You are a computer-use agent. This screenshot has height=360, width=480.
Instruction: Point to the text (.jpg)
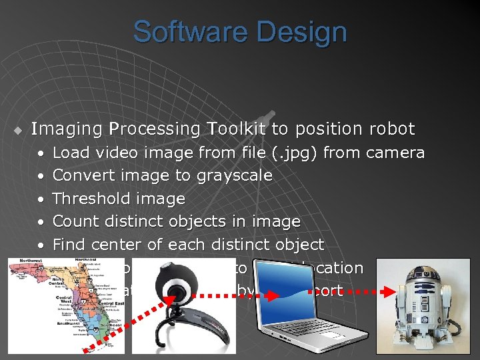click(294, 153)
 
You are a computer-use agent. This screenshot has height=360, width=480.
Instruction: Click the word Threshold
click(91, 199)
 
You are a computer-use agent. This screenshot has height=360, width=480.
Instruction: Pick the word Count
click(73, 221)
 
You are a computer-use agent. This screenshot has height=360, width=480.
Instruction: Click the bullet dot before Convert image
click(41, 176)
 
